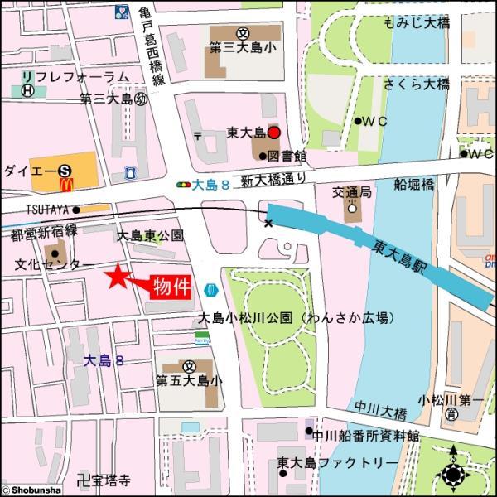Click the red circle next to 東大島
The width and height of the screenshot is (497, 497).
pyautogui.click(x=274, y=133)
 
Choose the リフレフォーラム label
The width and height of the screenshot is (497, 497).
pyautogui.click(x=75, y=77)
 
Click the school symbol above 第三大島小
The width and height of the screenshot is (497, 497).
pyautogui.click(x=243, y=34)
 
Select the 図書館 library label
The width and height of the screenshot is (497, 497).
pyautogui.click(x=288, y=155)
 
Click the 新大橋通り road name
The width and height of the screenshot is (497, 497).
pyautogui.click(x=268, y=180)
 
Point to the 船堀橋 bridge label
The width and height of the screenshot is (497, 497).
pyautogui.click(x=413, y=184)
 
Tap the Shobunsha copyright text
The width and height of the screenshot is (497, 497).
pyautogui.click(x=34, y=489)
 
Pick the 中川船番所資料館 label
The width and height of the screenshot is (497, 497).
pyautogui.click(x=367, y=434)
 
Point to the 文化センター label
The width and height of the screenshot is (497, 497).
pyautogui.click(x=48, y=265)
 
